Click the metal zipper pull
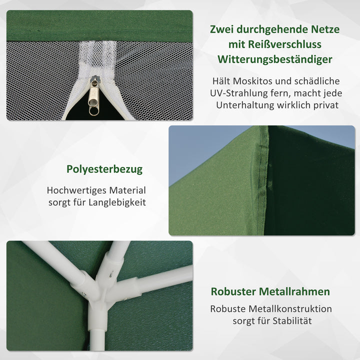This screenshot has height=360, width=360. (93, 97)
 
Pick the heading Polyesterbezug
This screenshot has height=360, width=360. (104, 169)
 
